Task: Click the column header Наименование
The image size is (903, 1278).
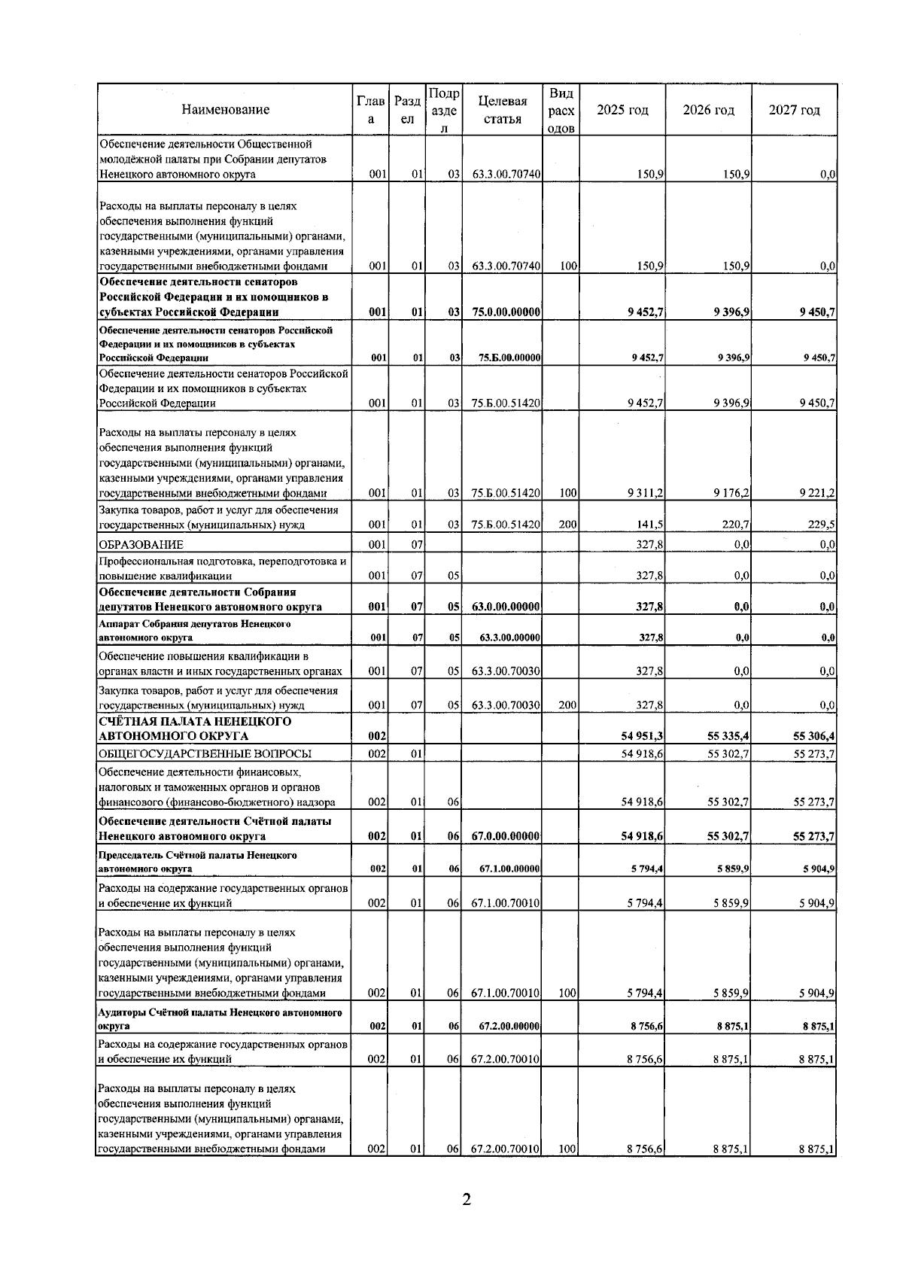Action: point(225,110)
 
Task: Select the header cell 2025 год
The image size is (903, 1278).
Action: point(622,110)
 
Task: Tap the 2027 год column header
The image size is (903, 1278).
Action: point(794,110)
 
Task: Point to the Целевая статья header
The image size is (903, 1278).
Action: point(503,110)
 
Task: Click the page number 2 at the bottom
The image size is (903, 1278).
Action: point(467,1200)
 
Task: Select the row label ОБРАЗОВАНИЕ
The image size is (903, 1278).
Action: point(141,544)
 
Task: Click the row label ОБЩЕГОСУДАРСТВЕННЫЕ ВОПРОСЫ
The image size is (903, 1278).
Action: point(205,753)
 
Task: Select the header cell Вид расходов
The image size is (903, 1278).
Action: point(561,110)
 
